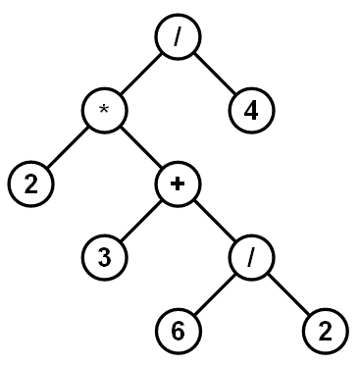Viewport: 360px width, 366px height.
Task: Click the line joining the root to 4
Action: click(x=216, y=74)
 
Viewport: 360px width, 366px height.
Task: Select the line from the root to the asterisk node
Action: click(x=141, y=74)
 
